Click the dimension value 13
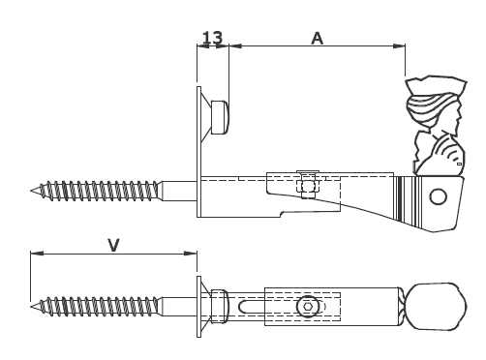point(213,38)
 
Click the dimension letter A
point(318,39)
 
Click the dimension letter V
point(113,245)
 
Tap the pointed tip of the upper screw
point(31,191)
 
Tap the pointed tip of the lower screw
point(31,306)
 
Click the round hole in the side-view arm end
point(439,196)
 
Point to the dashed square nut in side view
point(308,186)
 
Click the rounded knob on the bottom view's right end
point(437,307)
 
